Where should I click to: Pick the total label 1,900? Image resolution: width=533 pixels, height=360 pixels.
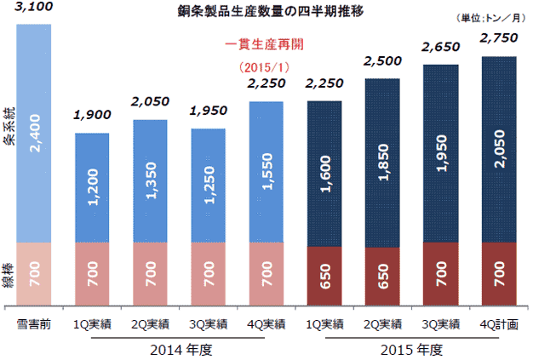click(92, 116)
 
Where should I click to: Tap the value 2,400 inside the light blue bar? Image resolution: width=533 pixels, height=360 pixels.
click(35, 135)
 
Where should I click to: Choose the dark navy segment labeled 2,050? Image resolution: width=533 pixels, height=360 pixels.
click(498, 150)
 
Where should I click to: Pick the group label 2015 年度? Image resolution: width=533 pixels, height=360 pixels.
click(410, 349)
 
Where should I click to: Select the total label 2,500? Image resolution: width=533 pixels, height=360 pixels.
click(382, 62)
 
